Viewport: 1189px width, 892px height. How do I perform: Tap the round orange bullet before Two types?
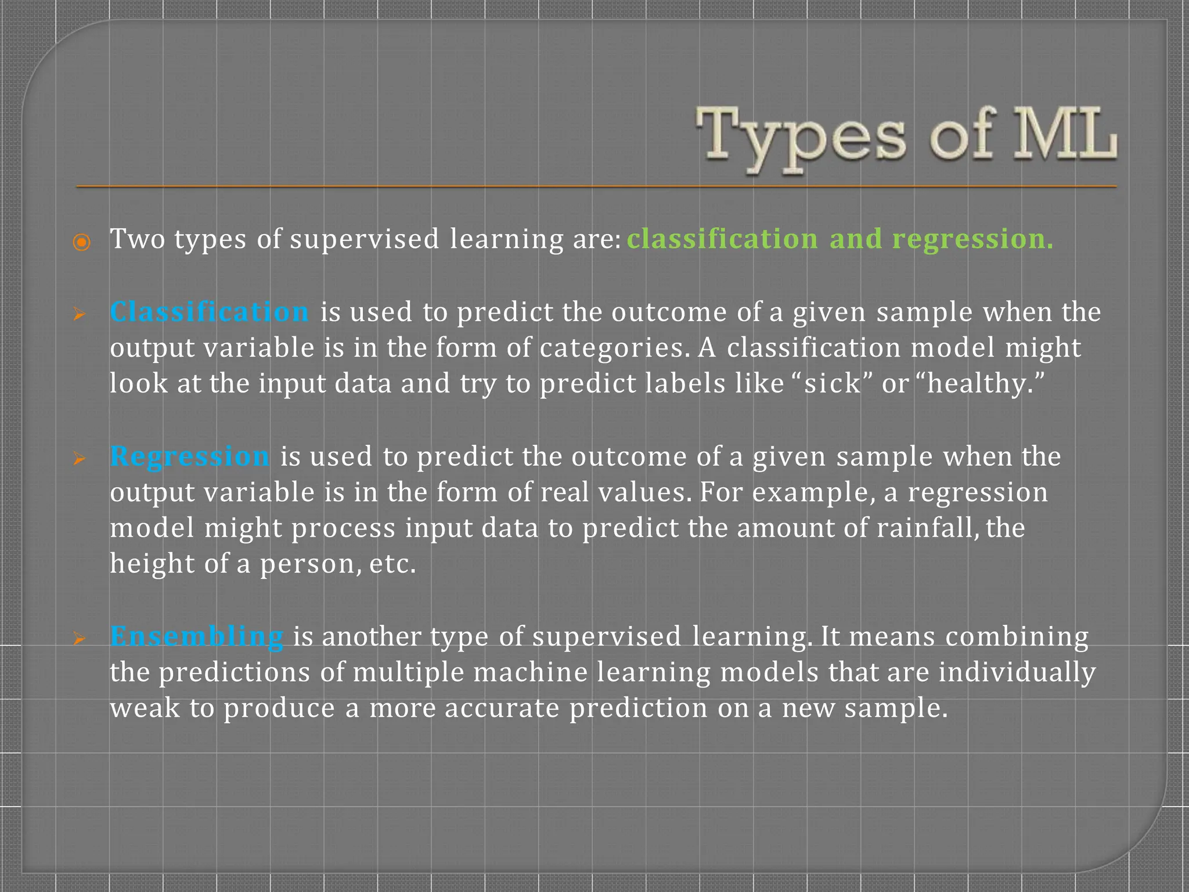coord(82,242)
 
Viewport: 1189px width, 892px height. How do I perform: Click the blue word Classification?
coord(209,312)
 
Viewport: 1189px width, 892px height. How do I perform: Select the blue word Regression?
coord(190,456)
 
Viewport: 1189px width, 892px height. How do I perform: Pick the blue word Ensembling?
coord(197,636)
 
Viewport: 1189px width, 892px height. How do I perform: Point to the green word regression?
coord(972,239)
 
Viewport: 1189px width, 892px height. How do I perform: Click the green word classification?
coord(722,239)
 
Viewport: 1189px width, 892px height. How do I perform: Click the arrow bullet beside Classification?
coord(80,315)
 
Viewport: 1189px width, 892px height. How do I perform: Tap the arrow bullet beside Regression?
coord(80,459)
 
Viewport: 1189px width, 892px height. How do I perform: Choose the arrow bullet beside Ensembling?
coord(80,639)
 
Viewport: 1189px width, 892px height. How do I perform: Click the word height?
coord(152,564)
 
